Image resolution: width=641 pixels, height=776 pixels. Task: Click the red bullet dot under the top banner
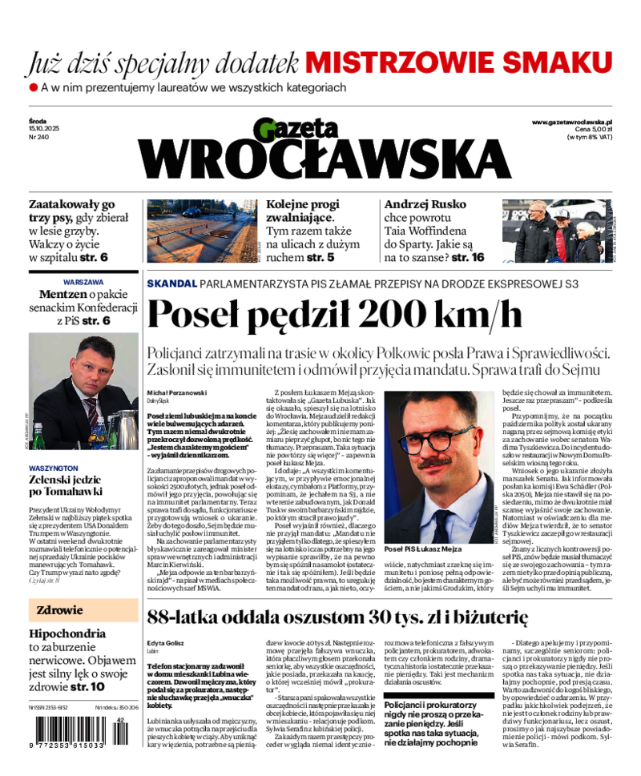(x=34, y=86)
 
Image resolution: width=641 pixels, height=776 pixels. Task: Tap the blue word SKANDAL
(x=171, y=283)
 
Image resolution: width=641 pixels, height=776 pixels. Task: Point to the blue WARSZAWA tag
(x=83, y=283)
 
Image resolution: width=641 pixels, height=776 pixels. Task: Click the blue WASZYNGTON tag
(x=54, y=468)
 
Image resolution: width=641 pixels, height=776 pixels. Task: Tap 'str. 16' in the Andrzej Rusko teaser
(x=468, y=258)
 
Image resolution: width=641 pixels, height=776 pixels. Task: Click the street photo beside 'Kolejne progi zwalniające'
(x=201, y=231)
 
